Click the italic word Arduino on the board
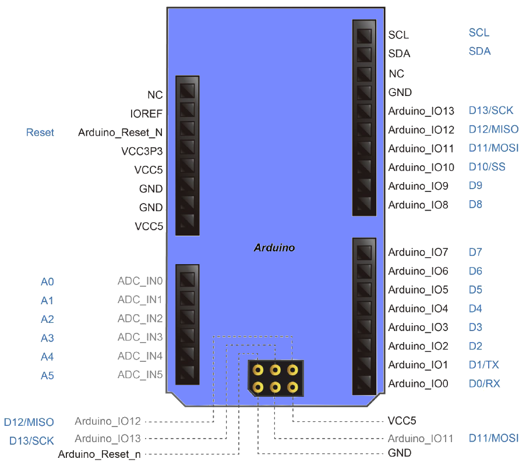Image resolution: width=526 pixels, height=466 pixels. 274,247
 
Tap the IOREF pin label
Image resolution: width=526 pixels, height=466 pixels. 147,113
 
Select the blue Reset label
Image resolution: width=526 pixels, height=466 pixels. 40,133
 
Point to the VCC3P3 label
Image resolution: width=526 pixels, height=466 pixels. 142,151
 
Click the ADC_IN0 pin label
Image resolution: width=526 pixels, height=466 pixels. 140,281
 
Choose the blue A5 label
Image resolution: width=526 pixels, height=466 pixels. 47,375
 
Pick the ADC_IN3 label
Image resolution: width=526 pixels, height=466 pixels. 140,337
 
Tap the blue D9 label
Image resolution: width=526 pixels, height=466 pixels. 476,186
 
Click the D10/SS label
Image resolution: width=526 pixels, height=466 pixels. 487,167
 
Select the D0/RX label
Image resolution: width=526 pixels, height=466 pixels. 485,383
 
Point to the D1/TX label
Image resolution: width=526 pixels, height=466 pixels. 484,365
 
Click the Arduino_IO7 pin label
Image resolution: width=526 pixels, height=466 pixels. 418,252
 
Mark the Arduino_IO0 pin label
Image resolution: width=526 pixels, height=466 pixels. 418,384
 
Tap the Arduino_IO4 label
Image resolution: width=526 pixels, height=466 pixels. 418,309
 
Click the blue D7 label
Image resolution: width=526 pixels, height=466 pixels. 475,252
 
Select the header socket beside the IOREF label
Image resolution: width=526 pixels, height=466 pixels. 188,109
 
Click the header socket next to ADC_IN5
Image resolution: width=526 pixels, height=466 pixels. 188,373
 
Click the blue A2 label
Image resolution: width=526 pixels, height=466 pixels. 47,319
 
